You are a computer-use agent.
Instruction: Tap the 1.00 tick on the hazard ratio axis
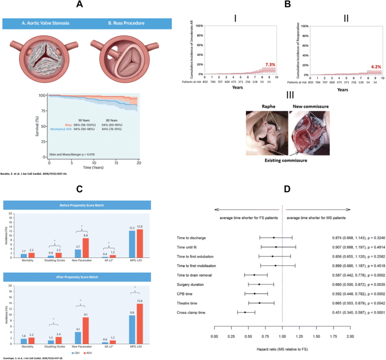(282, 336)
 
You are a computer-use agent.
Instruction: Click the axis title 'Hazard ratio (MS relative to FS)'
(282, 350)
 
